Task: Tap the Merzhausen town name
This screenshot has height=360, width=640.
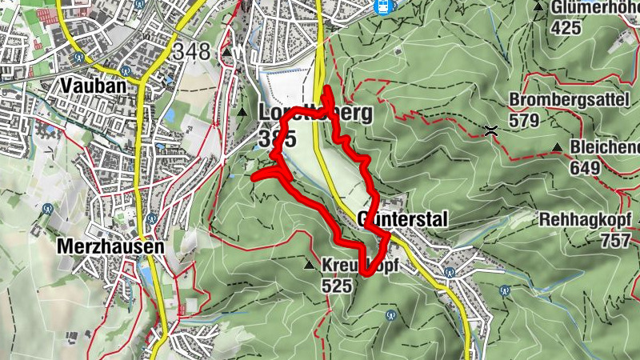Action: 110,247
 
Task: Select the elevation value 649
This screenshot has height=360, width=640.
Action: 586,168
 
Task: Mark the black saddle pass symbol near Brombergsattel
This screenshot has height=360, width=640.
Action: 491,130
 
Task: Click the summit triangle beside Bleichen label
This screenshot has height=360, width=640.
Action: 557,148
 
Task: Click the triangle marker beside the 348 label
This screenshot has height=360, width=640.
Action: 227,54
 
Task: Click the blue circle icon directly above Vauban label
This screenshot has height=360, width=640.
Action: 80,58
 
